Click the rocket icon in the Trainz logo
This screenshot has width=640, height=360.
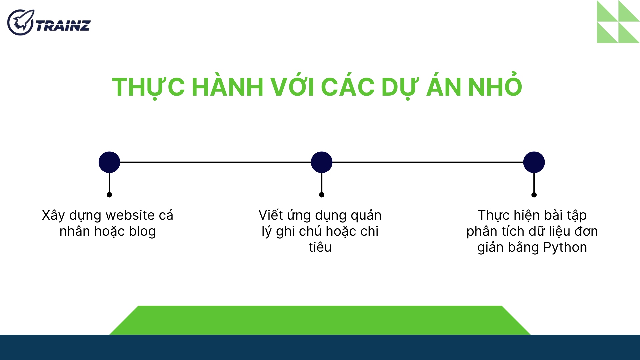coord(20,22)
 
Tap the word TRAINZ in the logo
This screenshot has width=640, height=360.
coord(63,26)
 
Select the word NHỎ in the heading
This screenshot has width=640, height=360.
coord(495,87)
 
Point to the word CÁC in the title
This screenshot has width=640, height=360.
coord(347,87)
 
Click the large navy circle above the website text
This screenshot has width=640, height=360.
coord(109,162)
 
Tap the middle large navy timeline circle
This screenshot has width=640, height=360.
coord(322,162)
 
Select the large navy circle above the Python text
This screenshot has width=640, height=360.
coord(534,162)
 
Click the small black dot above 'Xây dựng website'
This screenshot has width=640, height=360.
coord(109,195)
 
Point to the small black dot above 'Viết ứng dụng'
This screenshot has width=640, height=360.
coord(322,195)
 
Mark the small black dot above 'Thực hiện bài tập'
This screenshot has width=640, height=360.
coord(534,195)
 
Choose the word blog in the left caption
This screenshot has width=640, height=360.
coord(142,232)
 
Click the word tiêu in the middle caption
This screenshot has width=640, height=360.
coord(320,247)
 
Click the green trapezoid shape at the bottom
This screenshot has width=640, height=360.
coord(320,320)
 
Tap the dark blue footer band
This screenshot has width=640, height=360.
coord(320,347)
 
